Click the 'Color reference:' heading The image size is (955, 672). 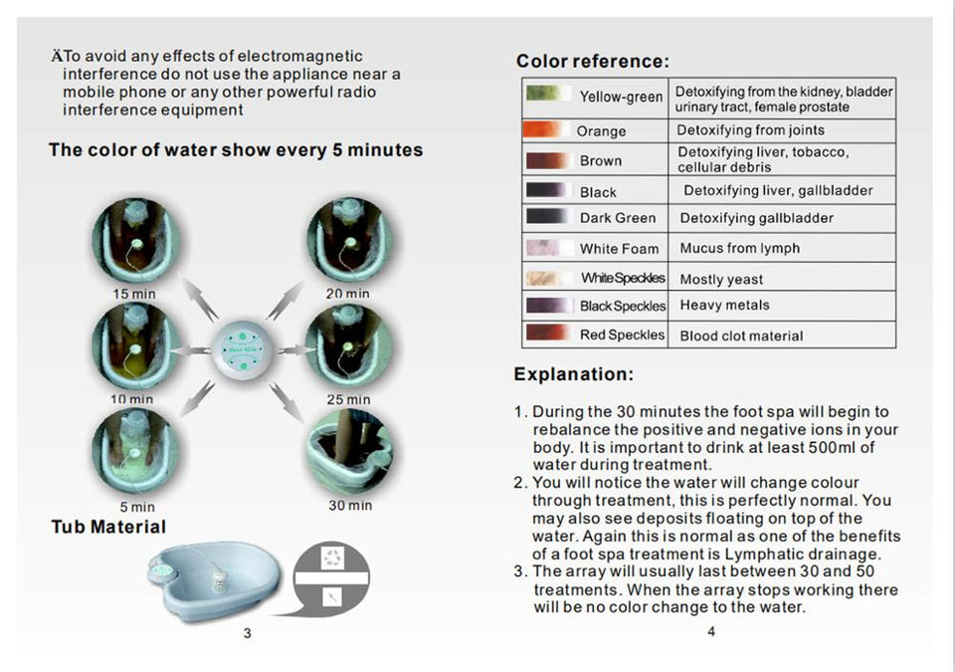pyautogui.click(x=593, y=61)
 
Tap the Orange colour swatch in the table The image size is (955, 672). pyautogui.click(x=542, y=129)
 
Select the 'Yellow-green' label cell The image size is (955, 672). pyautogui.click(x=621, y=97)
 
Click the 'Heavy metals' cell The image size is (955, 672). pyautogui.click(x=724, y=305)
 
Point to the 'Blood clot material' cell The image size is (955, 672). pyautogui.click(x=741, y=336)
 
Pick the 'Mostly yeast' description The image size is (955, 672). pyautogui.click(x=721, y=280)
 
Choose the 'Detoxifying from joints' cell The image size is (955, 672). pyautogui.click(x=750, y=129)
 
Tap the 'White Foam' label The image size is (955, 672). pyautogui.click(x=619, y=249)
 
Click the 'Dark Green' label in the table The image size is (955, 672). pyautogui.click(x=618, y=218)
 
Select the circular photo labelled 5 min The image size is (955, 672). pyautogui.click(x=136, y=452)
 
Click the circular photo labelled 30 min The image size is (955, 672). pyautogui.click(x=350, y=452)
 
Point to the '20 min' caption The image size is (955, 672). pyautogui.click(x=347, y=294)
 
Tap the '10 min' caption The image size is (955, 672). pyautogui.click(x=131, y=399)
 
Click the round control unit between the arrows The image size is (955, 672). pyautogui.click(x=243, y=350)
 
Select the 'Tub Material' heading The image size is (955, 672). pyautogui.click(x=108, y=527)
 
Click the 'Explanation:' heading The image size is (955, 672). pyautogui.click(x=574, y=373)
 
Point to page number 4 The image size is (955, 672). pyautogui.click(x=710, y=632)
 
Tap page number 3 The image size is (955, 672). pyautogui.click(x=247, y=633)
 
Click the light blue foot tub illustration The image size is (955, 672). pyautogui.click(x=215, y=580)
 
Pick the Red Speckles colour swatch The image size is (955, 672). pyautogui.click(x=547, y=333)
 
